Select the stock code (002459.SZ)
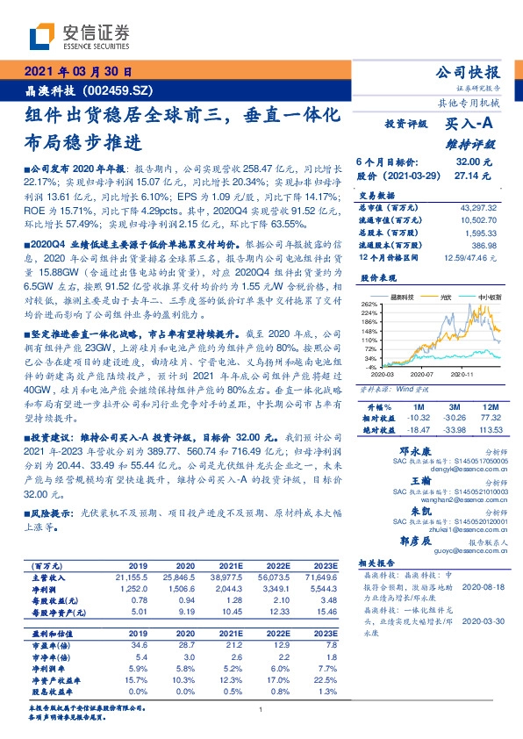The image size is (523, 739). (122, 90)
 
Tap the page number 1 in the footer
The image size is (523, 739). (261, 709)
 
